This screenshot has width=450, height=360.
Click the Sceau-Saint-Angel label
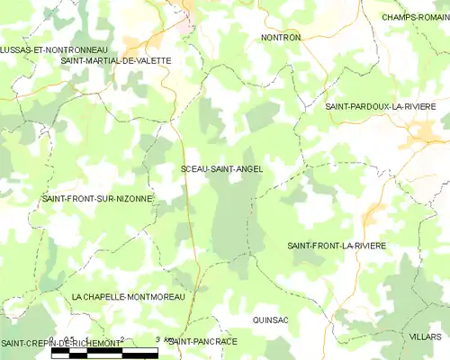click(x=221, y=168)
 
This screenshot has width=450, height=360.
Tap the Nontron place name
click(x=280, y=38)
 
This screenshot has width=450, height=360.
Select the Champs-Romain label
click(x=415, y=17)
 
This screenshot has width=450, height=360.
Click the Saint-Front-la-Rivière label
click(x=348, y=246)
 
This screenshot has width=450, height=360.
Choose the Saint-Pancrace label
click(x=203, y=342)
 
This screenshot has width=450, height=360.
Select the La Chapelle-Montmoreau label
click(x=128, y=296)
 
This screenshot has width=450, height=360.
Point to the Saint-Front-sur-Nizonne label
click(x=97, y=198)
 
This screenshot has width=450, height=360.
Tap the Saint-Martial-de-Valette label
click(x=115, y=60)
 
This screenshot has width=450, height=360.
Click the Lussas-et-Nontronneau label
click(x=54, y=49)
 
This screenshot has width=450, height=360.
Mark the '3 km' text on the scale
click(x=163, y=340)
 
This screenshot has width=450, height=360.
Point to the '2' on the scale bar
click(x=122, y=340)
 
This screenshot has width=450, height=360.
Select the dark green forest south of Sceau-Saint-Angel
click(x=236, y=220)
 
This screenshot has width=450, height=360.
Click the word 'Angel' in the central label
click(x=247, y=168)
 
